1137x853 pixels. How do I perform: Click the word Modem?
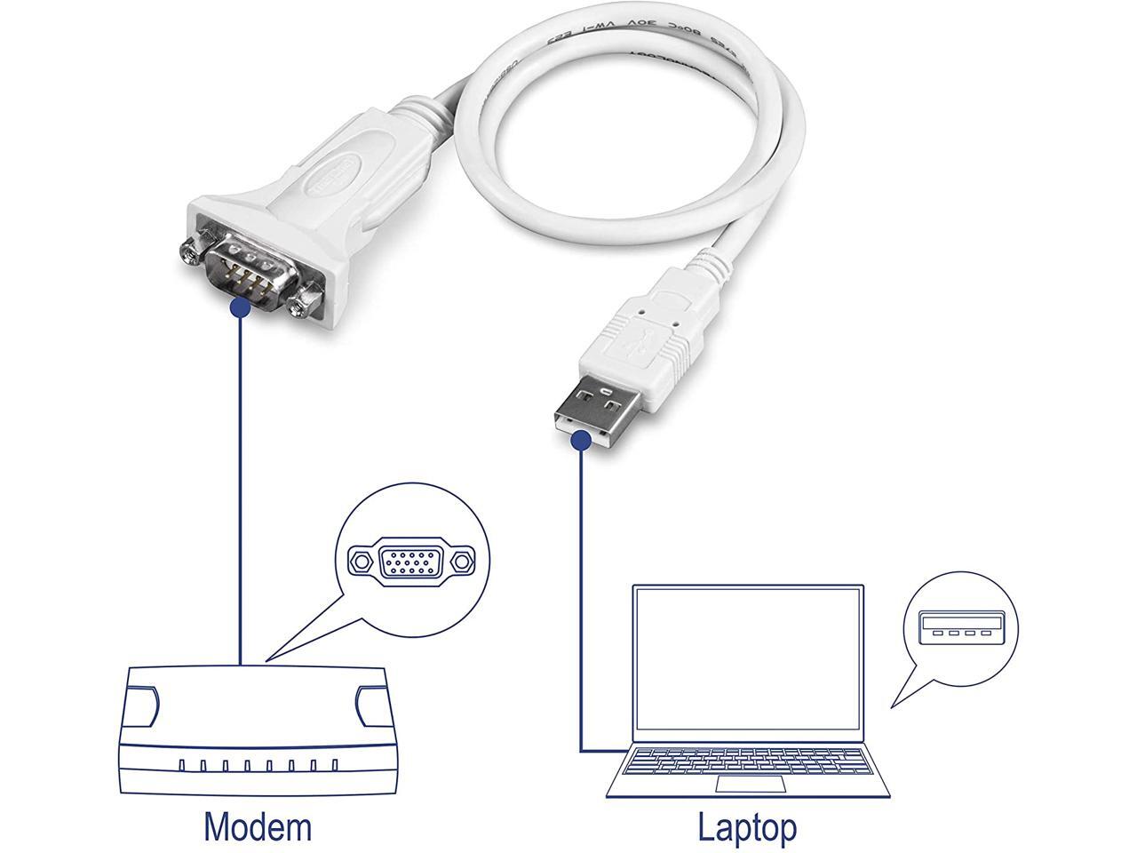258,826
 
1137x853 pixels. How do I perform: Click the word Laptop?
747,826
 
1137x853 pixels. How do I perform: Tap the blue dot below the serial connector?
239,307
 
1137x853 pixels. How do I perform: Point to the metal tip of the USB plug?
592,409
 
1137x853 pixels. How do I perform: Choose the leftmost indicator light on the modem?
181,765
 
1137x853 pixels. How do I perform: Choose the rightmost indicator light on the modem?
334,765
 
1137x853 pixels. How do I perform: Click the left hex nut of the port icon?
360,562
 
